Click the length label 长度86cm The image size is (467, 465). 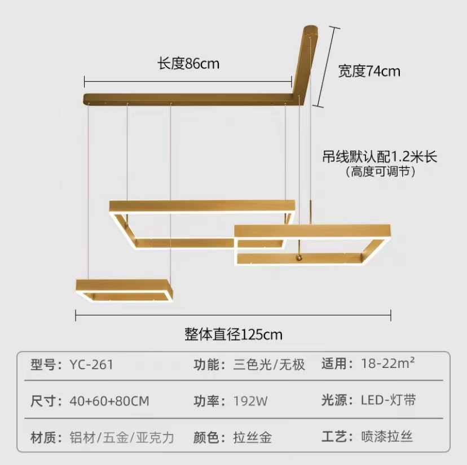pyautogui.click(x=188, y=64)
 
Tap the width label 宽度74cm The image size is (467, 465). pyautogui.click(x=369, y=71)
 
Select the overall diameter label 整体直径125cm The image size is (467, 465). pyautogui.click(x=233, y=334)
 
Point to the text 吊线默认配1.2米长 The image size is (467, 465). pyautogui.click(x=380, y=156)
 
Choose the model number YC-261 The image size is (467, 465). pyautogui.click(x=91, y=365)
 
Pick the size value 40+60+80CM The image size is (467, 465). pyautogui.click(x=109, y=401)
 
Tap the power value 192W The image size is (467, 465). pyautogui.click(x=250, y=401)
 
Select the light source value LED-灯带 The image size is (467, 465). pyautogui.click(x=389, y=401)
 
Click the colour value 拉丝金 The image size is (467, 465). pyautogui.click(x=253, y=437)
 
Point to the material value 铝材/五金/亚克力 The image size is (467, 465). pyautogui.click(x=122, y=437)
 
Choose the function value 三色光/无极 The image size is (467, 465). pyautogui.click(x=269, y=365)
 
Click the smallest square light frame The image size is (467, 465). pyautogui.click(x=123, y=290)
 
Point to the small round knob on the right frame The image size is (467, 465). pyautogui.click(x=299, y=258)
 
